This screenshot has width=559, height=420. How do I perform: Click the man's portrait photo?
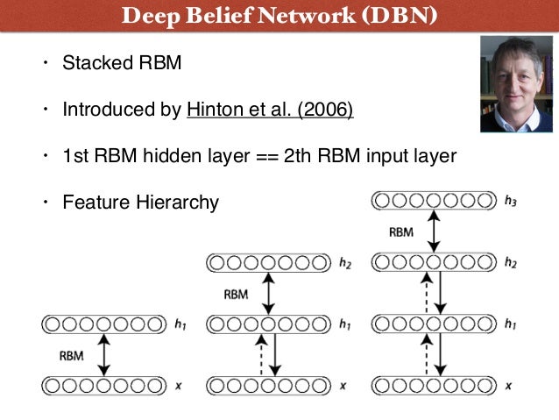517,83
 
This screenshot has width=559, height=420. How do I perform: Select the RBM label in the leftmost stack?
72,356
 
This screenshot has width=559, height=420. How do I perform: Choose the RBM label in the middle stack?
236,295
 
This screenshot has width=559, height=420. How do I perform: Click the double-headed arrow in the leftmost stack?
104,354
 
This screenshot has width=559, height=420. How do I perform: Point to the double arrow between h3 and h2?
433,231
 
